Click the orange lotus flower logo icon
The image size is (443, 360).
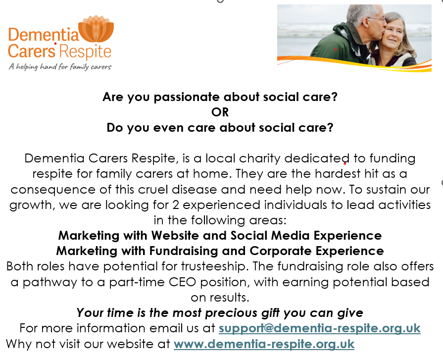(96, 31)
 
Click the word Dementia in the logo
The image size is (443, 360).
(44, 35)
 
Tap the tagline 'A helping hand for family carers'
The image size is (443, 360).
(60, 66)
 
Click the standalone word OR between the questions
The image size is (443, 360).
(220, 112)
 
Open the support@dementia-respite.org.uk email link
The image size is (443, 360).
(319, 328)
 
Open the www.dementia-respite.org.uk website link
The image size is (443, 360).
(264, 343)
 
